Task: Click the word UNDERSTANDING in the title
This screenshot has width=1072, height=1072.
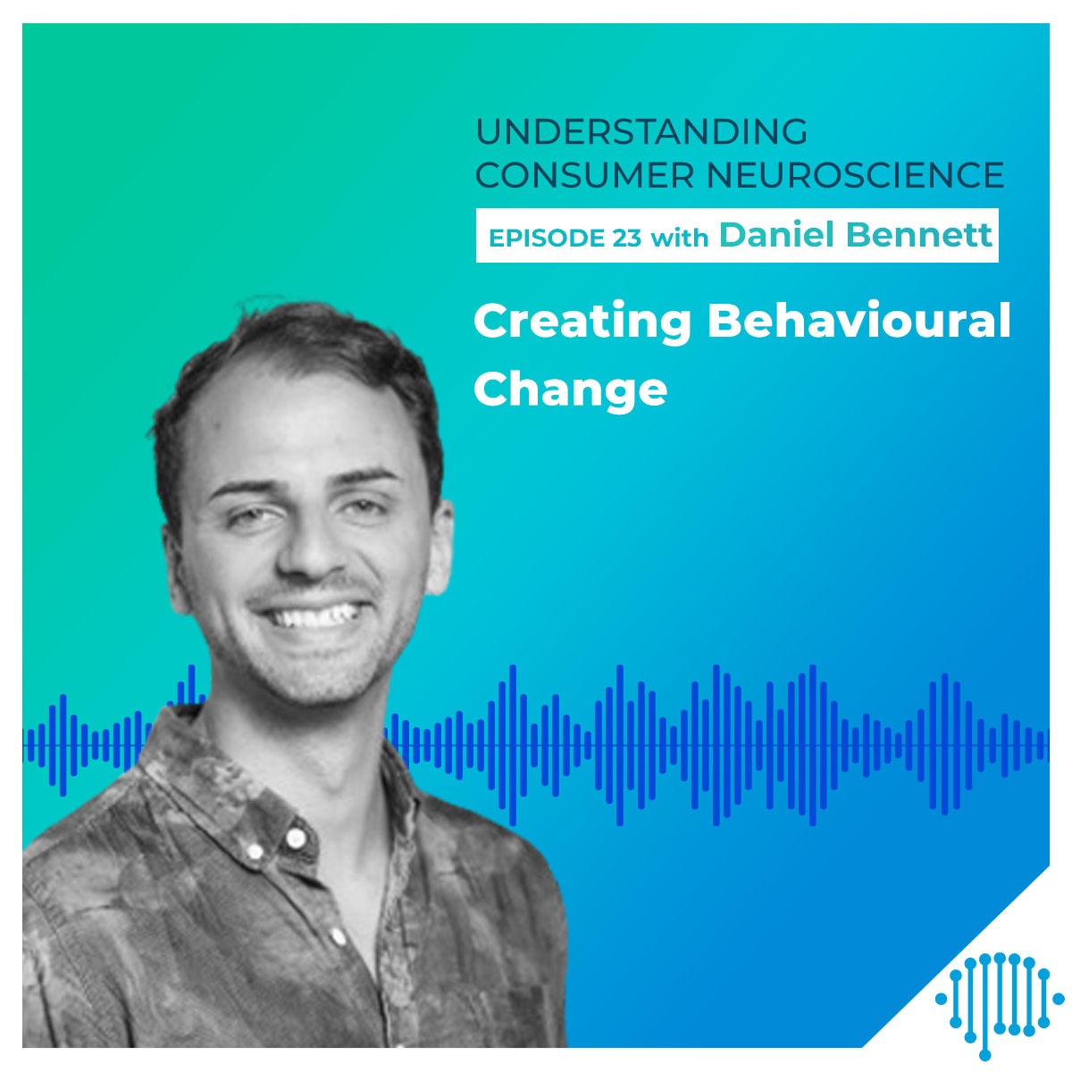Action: pos(641,132)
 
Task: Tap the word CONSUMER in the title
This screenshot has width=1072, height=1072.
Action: pos(584,175)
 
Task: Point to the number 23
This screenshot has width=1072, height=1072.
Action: pos(627,239)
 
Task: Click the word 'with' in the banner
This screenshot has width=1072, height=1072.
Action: pos(680,238)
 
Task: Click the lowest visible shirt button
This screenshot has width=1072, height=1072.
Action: pos(337,934)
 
